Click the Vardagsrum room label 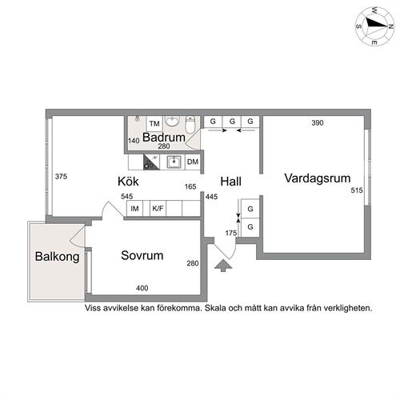pyautogui.click(x=318, y=178)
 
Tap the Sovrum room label pyautogui.click(x=142, y=255)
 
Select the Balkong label pyautogui.click(x=57, y=257)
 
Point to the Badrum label pyautogui.click(x=164, y=138)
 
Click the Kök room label pyautogui.click(x=128, y=182)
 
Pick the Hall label pyautogui.click(x=231, y=182)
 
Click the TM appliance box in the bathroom pyautogui.click(x=154, y=124)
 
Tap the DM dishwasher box pyautogui.click(x=193, y=162)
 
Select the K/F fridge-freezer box pyautogui.click(x=158, y=208)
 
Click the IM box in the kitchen pyautogui.click(x=134, y=208)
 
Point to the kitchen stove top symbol pyautogui.click(x=151, y=162)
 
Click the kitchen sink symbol pyautogui.click(x=174, y=162)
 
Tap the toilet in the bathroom pyautogui.click(x=190, y=124)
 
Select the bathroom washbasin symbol pyautogui.click(x=172, y=122)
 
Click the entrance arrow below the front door pyautogui.click(x=223, y=266)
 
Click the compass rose pyautogui.click(x=375, y=26)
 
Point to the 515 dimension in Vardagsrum pyautogui.click(x=357, y=190)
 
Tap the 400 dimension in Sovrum pyautogui.click(x=142, y=288)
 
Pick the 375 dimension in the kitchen pyautogui.click(x=61, y=176)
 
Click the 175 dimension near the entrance pyautogui.click(x=231, y=233)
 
